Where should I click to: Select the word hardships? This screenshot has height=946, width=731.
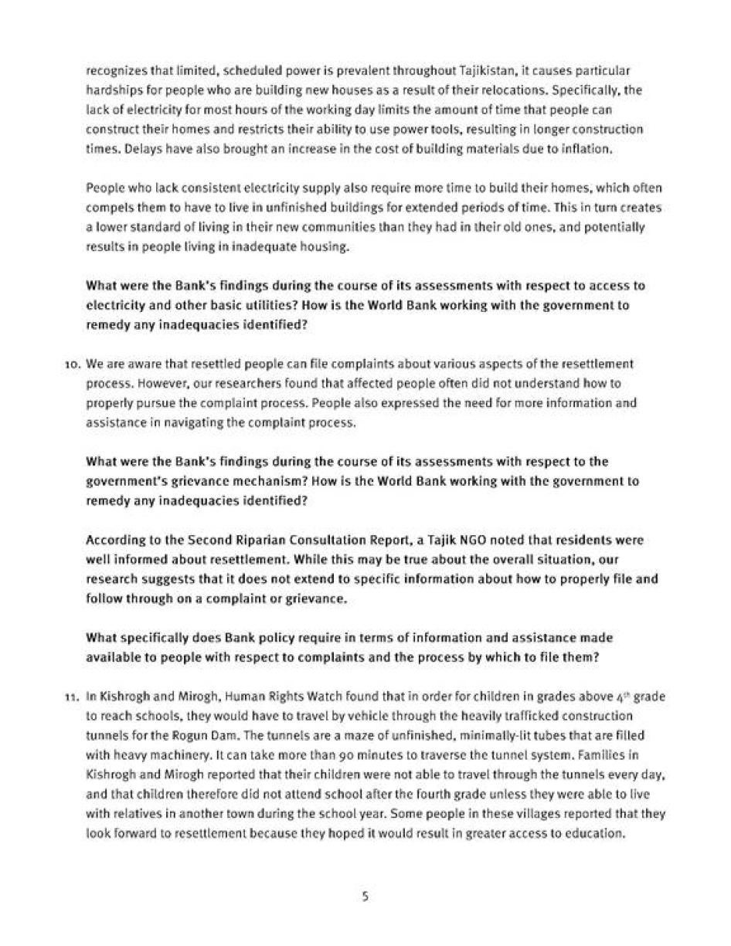coord(112,90)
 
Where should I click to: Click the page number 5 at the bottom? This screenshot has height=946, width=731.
coord(365,897)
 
